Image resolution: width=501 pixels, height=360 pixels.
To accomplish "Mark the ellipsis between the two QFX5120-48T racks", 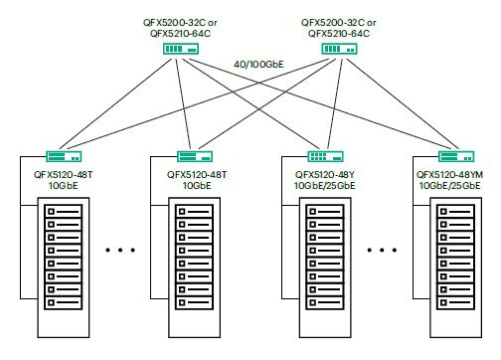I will click(127, 250).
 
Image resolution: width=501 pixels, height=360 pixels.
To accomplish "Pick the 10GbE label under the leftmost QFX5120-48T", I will click(62, 185).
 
